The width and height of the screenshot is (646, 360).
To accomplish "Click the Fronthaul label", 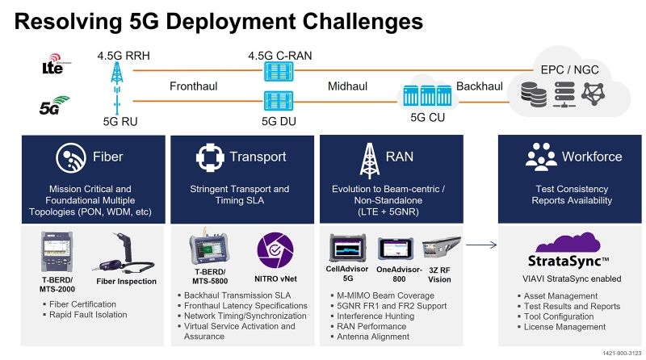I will click(x=194, y=86).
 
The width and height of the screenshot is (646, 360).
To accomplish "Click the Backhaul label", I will click(x=479, y=86).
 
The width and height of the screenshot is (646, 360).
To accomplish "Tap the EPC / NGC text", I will click(x=570, y=69).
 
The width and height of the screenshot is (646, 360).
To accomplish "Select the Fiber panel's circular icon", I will click(x=66, y=157).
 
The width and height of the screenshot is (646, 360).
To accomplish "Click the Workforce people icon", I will click(x=540, y=157).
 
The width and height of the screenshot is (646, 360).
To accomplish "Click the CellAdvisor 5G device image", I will click(x=348, y=248).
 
